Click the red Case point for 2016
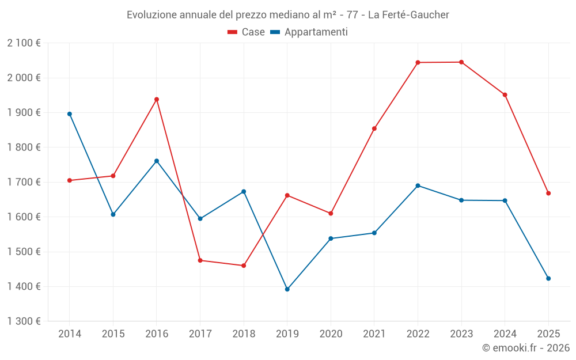pos(157,99)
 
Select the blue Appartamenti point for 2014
pos(70,114)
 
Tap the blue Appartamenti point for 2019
pos(287,289)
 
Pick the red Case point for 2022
pos(418,62)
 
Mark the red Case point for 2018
pos(244,266)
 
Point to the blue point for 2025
pos(548,278)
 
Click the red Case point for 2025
pos(548,193)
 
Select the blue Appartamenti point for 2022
pos(418,185)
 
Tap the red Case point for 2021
pos(374,128)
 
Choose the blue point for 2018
pos(244,191)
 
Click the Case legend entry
pos(247,32)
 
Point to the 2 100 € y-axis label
pos(24,43)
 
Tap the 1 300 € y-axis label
pos(24,321)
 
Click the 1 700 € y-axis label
pos(24,182)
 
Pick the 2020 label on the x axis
pos(331,334)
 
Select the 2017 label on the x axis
pos(200,334)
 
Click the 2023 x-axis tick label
pos(461,334)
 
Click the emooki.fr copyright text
pos(526,348)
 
